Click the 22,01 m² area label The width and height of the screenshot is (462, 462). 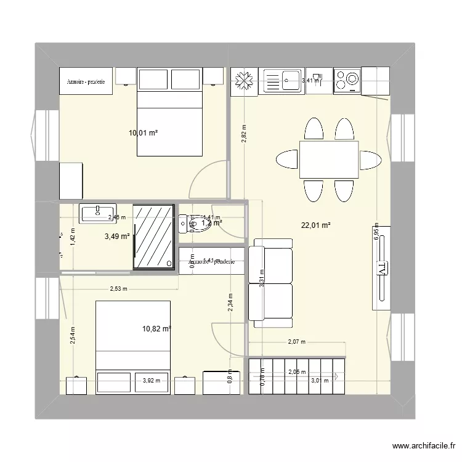click(x=315, y=225)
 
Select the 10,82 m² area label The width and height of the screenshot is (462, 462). click(x=156, y=328)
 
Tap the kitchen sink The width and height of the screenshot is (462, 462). click(x=283, y=81)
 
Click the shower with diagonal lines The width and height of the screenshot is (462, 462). click(x=154, y=237)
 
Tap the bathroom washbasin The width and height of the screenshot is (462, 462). click(x=97, y=213)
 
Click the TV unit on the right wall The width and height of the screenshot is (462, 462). click(x=381, y=267)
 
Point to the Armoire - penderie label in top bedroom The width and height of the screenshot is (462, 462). click(x=86, y=81)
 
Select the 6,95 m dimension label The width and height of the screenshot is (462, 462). click(x=376, y=235)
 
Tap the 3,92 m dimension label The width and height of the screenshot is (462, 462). click(x=151, y=380)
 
